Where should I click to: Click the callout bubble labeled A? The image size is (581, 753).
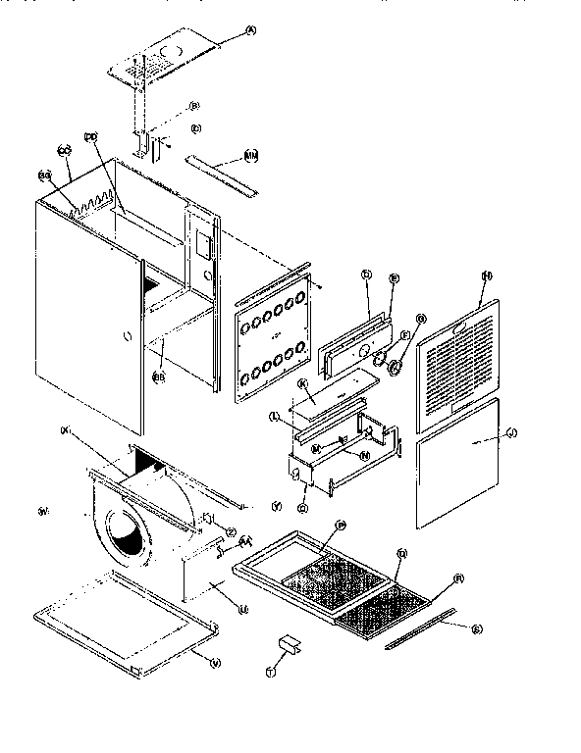(x=249, y=31)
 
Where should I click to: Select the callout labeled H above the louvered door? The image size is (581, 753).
(x=485, y=276)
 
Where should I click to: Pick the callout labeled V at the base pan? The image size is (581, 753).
(x=216, y=662)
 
